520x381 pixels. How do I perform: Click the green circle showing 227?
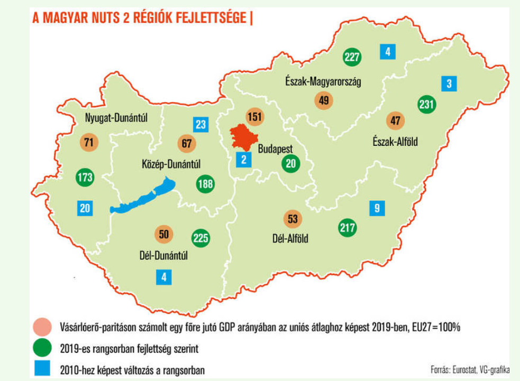(352, 57)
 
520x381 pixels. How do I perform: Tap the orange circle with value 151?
(255, 117)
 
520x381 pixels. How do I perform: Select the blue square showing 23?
(200, 124)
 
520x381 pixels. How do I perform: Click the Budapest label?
(275, 149)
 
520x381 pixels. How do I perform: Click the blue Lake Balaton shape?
(142, 196)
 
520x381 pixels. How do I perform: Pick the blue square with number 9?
(377, 208)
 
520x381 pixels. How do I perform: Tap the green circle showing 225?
(200, 238)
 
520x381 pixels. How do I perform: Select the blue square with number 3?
(449, 83)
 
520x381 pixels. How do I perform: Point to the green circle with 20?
(290, 163)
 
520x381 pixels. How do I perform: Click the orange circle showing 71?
(88, 142)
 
